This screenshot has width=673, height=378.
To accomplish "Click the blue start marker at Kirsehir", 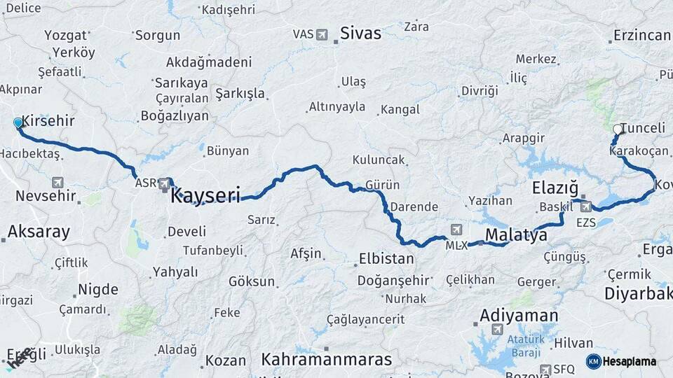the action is click(x=18, y=123).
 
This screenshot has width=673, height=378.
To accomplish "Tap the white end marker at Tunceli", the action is click(x=618, y=129).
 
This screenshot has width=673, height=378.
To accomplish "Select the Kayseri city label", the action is click(x=205, y=194).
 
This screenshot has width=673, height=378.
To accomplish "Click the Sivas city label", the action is click(x=360, y=33).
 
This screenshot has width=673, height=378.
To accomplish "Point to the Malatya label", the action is click(x=516, y=234).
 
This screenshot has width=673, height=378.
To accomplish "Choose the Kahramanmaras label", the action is click(x=327, y=359).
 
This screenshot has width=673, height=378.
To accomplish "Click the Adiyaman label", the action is click(x=519, y=316).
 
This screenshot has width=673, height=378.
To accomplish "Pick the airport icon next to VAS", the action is click(x=322, y=34).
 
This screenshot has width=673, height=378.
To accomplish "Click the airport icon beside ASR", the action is click(x=165, y=183).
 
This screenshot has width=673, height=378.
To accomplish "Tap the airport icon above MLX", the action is click(x=456, y=230).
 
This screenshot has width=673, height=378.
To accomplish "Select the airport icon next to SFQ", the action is click(x=545, y=369).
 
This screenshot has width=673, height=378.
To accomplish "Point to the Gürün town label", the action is click(x=382, y=185).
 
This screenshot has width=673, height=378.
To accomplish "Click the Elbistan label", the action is click(x=386, y=258).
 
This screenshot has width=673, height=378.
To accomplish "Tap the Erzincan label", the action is click(x=641, y=35).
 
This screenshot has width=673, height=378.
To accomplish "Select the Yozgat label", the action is click(x=66, y=35).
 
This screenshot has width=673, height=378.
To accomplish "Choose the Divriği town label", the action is click(x=480, y=91).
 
